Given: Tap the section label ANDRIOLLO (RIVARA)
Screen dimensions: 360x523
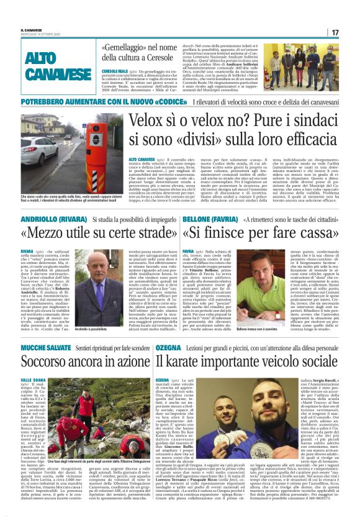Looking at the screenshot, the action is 48,219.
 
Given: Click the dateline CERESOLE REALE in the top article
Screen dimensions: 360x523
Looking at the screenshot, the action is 114,71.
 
